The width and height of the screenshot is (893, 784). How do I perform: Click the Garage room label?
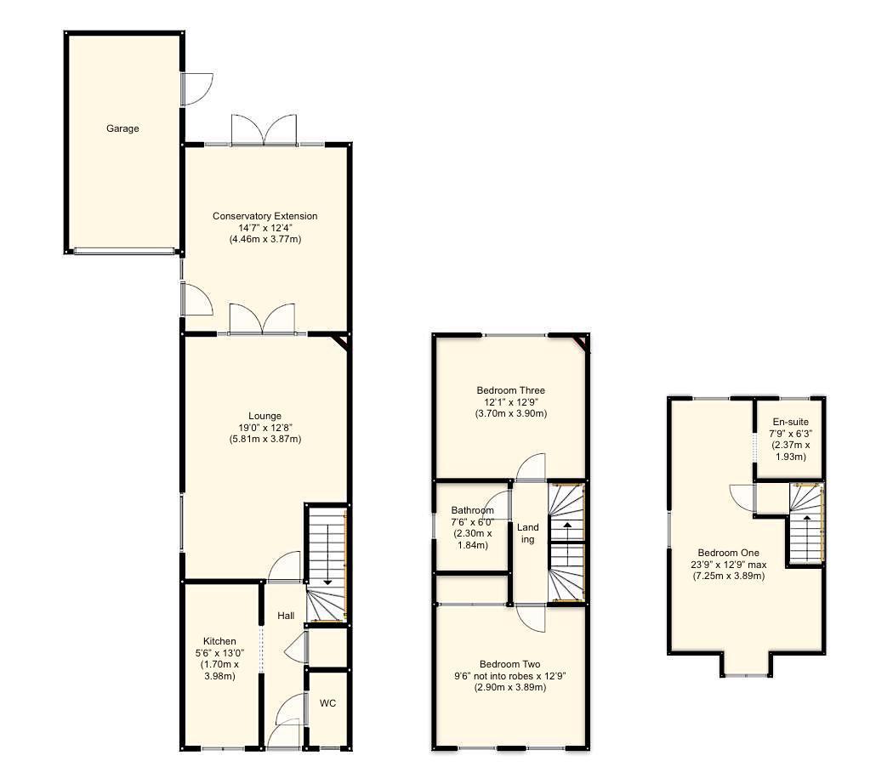tap(122, 128)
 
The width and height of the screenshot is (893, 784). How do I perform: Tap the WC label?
tap(327, 703)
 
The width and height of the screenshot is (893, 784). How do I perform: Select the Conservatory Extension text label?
tap(264, 216)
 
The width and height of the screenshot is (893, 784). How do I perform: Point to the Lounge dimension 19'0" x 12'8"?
tap(265, 428)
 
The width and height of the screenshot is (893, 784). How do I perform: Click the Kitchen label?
tap(219, 641)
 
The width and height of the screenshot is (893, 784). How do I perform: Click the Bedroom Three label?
tap(510, 390)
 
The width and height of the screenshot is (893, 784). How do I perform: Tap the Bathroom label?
tap(472, 510)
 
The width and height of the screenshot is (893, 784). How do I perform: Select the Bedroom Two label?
tap(510, 664)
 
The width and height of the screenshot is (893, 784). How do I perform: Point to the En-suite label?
tap(790, 422)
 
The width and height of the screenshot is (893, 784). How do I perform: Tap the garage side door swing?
tap(196, 88)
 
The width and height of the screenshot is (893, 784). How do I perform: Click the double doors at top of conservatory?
tap(264, 129)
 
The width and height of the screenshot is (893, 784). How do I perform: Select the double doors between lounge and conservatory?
tap(262, 318)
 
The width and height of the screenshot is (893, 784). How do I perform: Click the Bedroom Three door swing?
tap(532, 466)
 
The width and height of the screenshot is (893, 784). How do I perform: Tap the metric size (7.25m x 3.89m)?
tap(729, 576)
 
